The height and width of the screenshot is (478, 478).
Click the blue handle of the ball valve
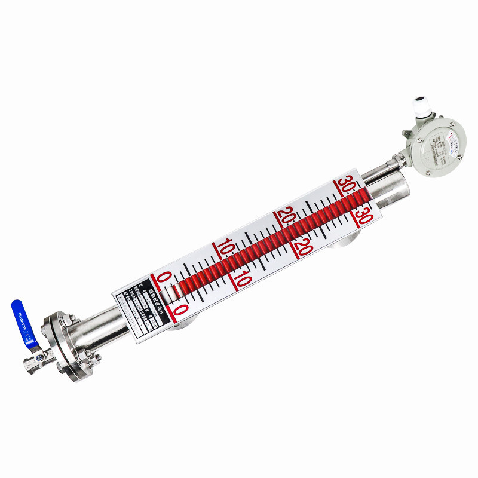click(x=23, y=323)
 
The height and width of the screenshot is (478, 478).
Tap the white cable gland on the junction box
click(x=416, y=108)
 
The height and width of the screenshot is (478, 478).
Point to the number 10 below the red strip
click(x=242, y=278)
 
